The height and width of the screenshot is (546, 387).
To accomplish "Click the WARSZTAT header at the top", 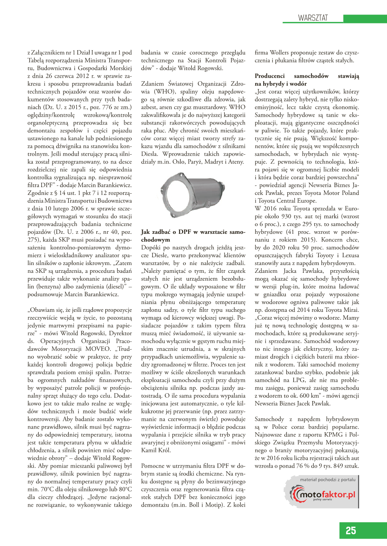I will point(313,18).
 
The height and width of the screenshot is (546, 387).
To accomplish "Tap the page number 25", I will point(351,530).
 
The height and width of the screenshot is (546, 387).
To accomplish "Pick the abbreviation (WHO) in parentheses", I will point(165,91).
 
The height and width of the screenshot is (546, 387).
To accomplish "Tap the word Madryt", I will point(214,162).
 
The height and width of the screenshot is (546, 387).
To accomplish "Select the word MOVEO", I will point(98,349).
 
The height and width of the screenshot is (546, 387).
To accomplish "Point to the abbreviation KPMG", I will point(333,434).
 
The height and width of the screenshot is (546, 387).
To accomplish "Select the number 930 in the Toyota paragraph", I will point(286,216).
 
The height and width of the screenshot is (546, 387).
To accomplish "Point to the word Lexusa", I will point(350,255).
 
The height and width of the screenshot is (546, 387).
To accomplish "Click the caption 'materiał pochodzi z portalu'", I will point(328,479).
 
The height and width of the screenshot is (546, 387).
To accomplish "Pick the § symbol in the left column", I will point(56,193).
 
